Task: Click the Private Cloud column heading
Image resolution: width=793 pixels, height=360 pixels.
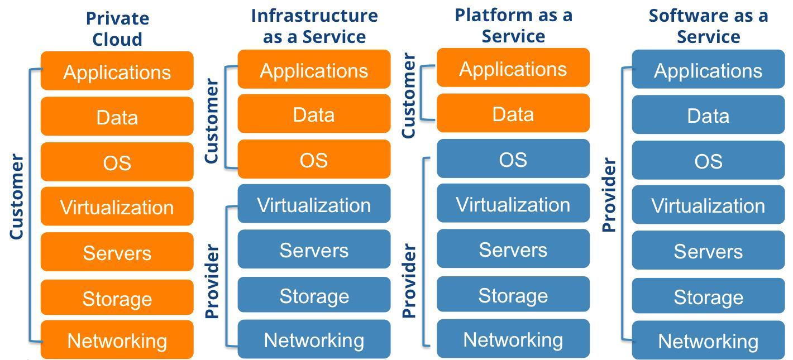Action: coord(117,28)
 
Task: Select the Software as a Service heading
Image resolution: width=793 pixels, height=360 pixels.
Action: coord(708,26)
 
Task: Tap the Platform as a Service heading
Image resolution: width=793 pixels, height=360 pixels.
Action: coord(513,25)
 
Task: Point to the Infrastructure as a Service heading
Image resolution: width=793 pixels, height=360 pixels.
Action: coord(314,26)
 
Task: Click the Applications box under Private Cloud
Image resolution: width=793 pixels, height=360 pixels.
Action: coord(117,71)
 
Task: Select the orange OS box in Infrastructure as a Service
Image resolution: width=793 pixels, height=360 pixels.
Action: coord(314,160)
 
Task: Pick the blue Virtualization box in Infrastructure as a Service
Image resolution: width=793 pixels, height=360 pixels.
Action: coord(314,204)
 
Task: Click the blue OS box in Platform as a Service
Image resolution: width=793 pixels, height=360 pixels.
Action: coord(513,159)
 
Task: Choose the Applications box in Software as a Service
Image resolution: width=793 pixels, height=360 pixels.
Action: coord(708,70)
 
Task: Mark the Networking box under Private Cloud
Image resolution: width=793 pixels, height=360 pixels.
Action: coord(117,340)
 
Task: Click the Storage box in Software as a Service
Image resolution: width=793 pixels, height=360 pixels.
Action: coord(708,296)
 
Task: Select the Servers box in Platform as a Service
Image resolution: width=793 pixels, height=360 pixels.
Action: coord(513,249)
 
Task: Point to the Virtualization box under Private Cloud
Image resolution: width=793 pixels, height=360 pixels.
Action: coord(117,207)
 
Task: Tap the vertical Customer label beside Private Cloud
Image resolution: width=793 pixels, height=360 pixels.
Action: coord(17,197)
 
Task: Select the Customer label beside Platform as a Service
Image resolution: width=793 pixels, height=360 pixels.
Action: coord(409,95)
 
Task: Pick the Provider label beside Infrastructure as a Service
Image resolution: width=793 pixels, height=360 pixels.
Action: coord(212,281)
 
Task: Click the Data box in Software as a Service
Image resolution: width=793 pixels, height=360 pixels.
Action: coord(708,115)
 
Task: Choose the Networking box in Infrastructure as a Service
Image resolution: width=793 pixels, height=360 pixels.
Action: coord(314,339)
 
